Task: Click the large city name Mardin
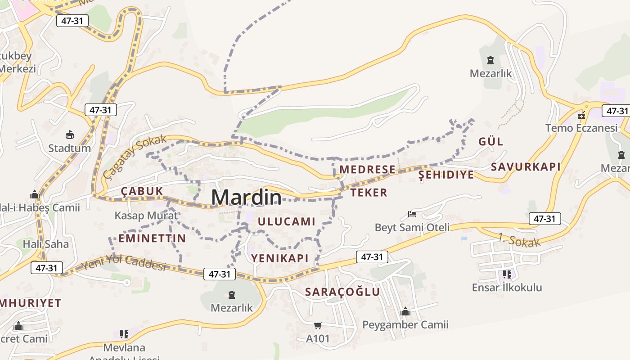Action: (x=246, y=197)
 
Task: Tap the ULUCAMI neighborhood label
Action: (x=287, y=221)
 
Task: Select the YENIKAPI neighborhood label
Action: (x=280, y=258)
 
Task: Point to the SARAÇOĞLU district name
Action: (x=342, y=292)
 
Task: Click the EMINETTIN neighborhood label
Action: (x=152, y=238)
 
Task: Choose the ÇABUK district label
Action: (x=142, y=191)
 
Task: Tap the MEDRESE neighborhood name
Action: (x=367, y=170)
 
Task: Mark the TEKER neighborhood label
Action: (x=369, y=193)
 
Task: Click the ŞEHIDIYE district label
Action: (x=446, y=175)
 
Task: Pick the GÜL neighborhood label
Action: (x=490, y=142)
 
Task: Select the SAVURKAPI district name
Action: (x=526, y=167)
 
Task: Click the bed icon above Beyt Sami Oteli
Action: (x=412, y=214)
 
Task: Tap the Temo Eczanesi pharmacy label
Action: (x=581, y=128)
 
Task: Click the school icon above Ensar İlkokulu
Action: (x=507, y=274)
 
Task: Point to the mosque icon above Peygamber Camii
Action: (x=405, y=311)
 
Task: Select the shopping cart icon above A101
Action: (x=318, y=325)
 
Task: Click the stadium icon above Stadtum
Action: (x=69, y=135)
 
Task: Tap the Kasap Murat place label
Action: (x=146, y=216)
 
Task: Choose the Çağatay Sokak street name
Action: (x=134, y=156)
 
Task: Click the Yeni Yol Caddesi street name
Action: (x=123, y=262)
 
